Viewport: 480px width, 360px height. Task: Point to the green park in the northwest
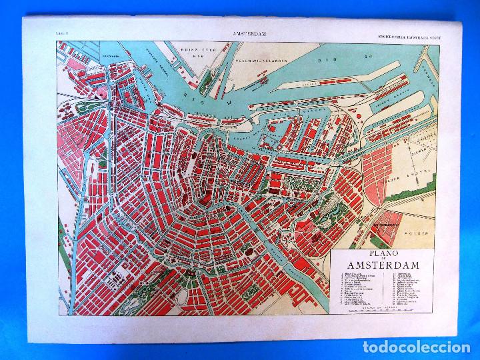(x=87, y=107)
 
